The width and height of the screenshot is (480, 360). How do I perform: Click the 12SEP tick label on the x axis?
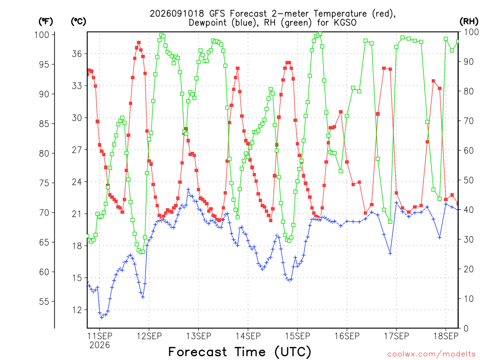(x=149, y=336)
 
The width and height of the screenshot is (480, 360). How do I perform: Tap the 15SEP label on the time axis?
(x=298, y=336)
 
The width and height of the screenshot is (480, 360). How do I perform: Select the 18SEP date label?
(x=446, y=336)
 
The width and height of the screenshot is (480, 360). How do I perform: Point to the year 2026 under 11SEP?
(x=99, y=345)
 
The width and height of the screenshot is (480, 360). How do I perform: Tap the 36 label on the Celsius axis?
(x=77, y=54)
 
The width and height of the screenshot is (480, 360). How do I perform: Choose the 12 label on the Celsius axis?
(x=77, y=310)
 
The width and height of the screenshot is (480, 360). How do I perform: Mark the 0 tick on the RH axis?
(x=465, y=328)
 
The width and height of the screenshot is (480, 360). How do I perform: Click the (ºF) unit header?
(x=45, y=22)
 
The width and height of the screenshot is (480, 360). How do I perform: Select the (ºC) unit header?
(x=78, y=22)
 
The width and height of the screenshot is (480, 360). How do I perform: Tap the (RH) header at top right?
(x=469, y=22)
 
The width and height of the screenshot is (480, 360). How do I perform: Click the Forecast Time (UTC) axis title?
(x=240, y=352)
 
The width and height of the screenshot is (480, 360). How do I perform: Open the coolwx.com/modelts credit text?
(x=431, y=354)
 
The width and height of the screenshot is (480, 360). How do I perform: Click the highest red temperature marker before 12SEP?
(x=139, y=43)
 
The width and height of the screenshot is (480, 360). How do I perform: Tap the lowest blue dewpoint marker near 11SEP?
(x=102, y=317)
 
